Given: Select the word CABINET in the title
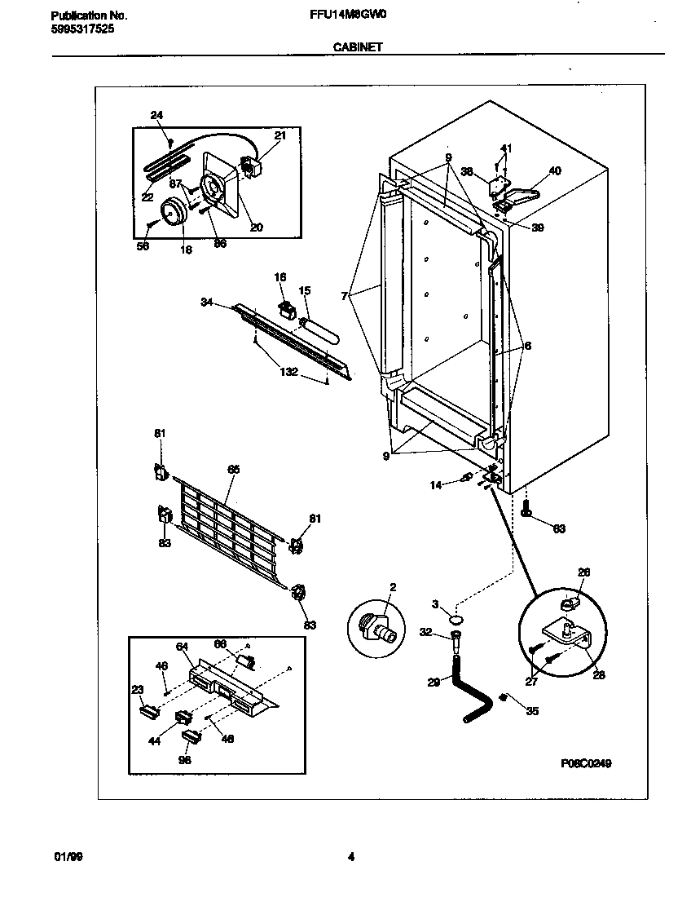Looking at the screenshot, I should point(357,48).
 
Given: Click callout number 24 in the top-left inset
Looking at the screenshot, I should point(156,116).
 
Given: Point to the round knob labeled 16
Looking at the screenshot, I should point(172,212).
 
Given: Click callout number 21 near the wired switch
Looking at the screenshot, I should point(279,136).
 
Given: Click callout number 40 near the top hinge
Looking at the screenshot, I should point(555,171).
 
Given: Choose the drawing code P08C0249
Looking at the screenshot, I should point(586,763).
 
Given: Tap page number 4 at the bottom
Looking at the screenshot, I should point(350,857).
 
